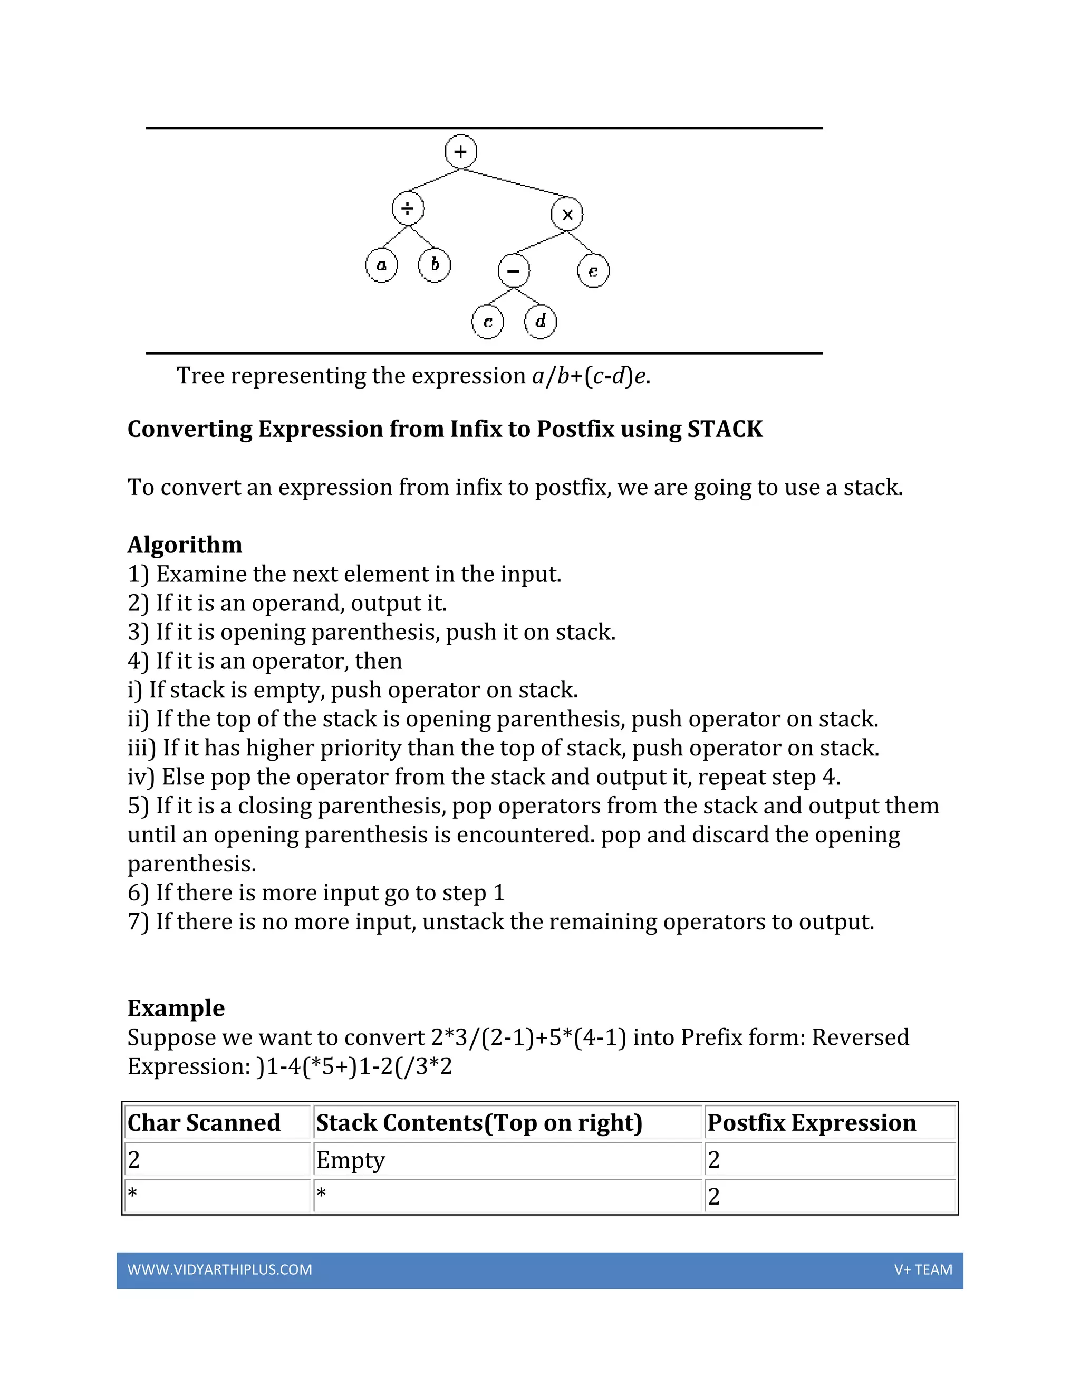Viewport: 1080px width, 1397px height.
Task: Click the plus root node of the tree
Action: (461, 152)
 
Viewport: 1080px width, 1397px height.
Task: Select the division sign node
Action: (408, 208)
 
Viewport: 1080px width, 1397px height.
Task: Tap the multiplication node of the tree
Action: (567, 214)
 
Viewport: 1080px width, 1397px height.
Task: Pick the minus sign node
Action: (513, 270)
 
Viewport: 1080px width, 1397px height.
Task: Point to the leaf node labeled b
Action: (435, 265)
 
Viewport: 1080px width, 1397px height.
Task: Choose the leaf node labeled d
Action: (540, 321)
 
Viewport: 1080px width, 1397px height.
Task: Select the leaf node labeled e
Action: (593, 271)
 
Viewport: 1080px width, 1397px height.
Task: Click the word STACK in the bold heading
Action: (725, 429)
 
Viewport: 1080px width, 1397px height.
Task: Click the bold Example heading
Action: (176, 1008)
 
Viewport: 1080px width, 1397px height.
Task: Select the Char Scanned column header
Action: (204, 1123)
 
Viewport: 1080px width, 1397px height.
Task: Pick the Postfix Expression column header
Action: (811, 1123)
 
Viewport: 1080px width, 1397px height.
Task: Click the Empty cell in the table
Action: (351, 1160)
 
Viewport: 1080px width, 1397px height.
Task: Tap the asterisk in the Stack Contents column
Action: (321, 1194)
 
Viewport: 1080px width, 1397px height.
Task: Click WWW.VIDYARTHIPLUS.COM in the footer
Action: (219, 1270)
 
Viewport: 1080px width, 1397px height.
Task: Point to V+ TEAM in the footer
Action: (923, 1270)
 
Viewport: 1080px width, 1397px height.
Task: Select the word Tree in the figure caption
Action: (200, 376)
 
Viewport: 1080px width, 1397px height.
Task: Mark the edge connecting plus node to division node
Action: (435, 180)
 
